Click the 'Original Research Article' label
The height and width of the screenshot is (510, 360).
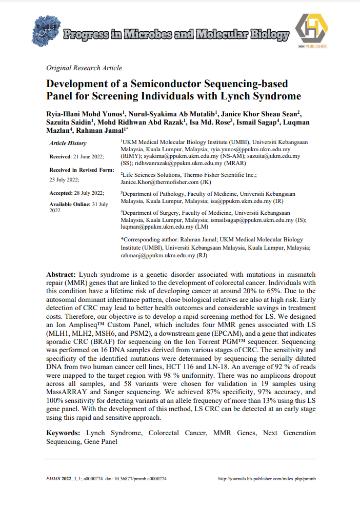point(84,68)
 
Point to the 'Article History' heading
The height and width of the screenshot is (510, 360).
point(68,144)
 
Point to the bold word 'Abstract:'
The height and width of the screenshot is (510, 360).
point(61,275)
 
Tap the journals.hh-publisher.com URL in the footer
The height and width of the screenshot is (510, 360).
point(267,479)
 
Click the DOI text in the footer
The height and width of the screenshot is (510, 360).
point(138,479)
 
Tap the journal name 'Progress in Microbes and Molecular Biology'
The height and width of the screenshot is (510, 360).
point(175,35)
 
